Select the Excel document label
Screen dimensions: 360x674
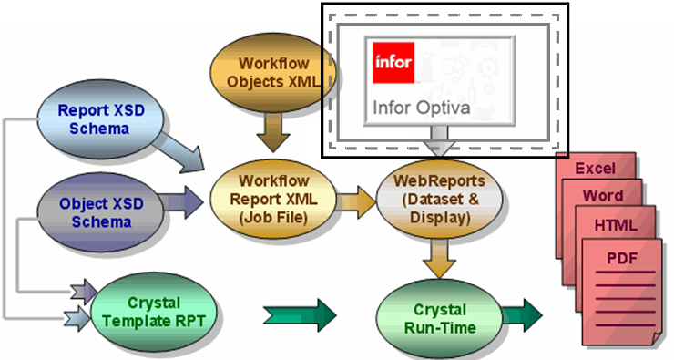(x=595, y=169)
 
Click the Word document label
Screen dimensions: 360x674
(x=603, y=196)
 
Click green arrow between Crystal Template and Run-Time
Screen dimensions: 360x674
(x=299, y=314)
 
